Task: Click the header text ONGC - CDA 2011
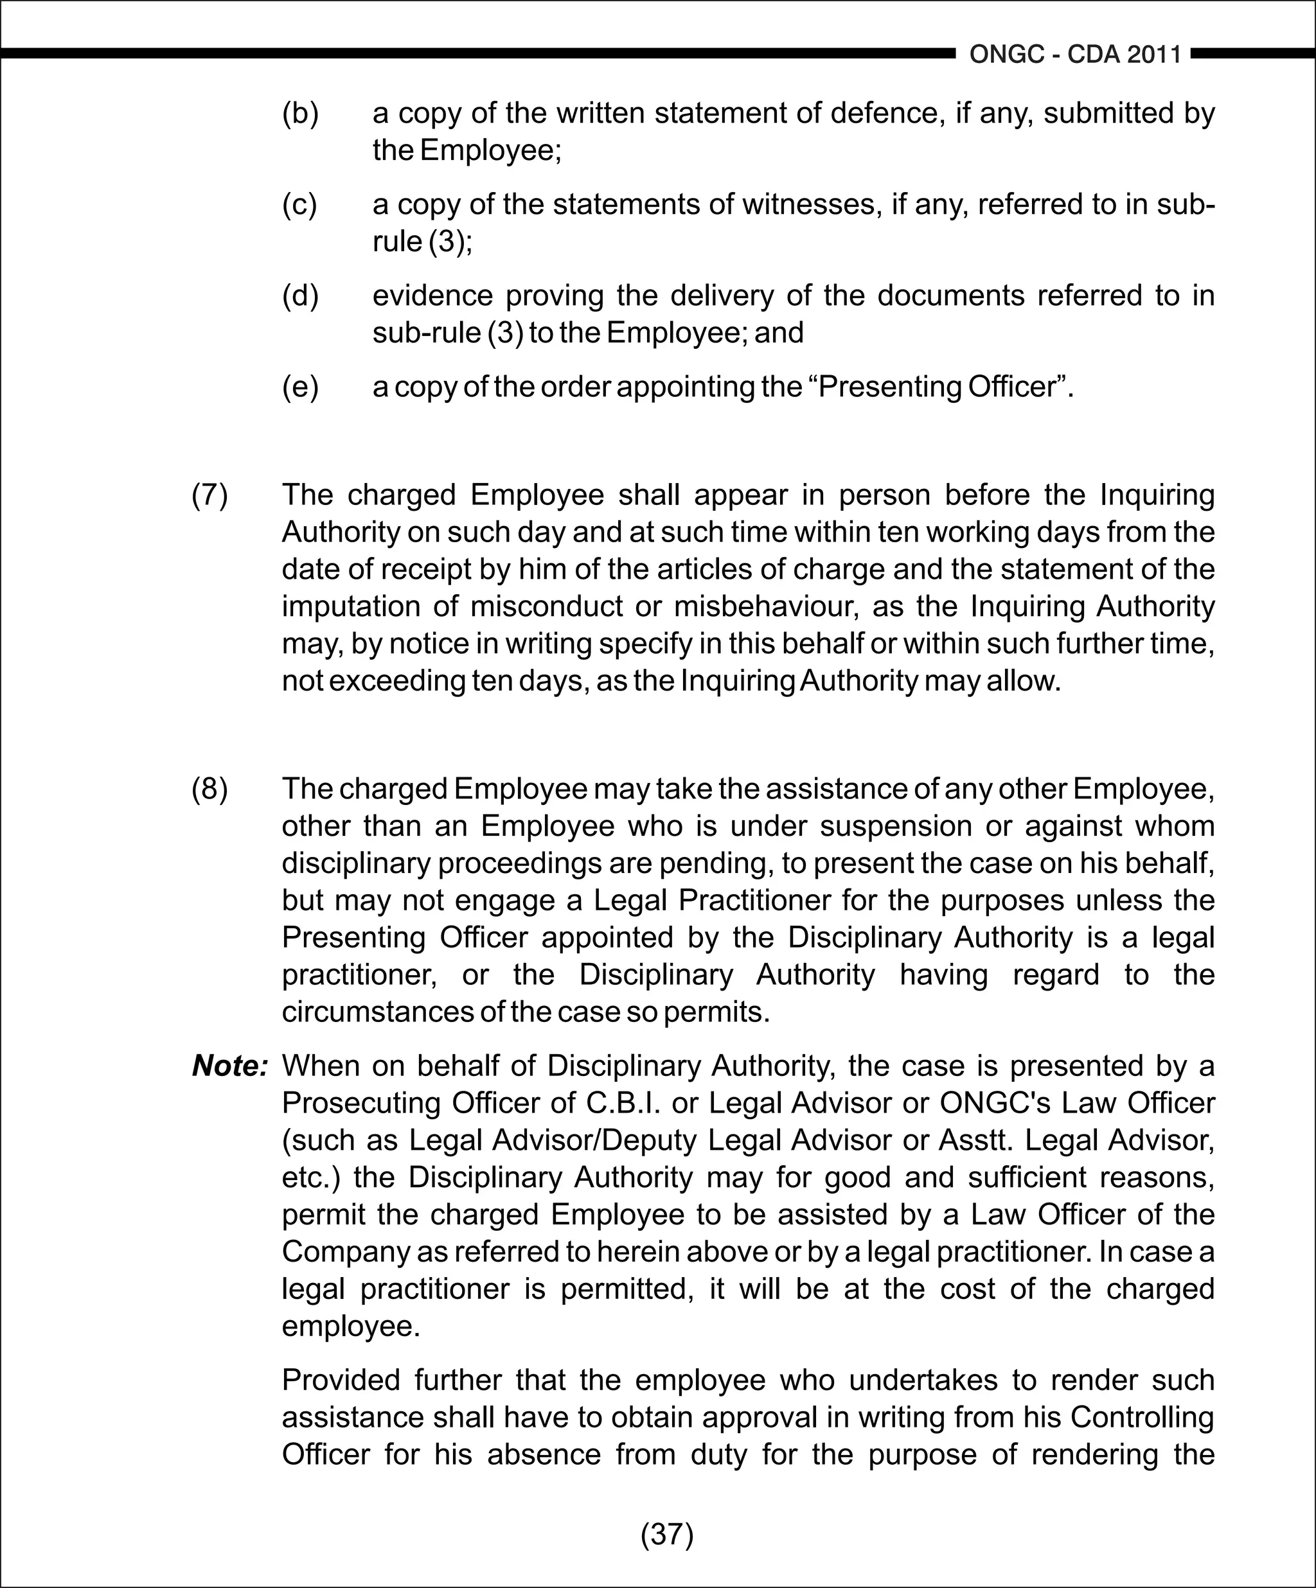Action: (x=1075, y=55)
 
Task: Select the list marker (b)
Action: (x=300, y=114)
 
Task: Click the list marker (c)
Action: (x=299, y=205)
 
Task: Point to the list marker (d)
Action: (x=300, y=296)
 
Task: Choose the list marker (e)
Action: (x=300, y=387)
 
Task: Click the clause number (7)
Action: (x=209, y=495)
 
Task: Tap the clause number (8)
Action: (x=209, y=789)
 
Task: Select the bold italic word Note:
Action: (x=230, y=1066)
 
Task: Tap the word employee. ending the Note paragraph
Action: (x=350, y=1327)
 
